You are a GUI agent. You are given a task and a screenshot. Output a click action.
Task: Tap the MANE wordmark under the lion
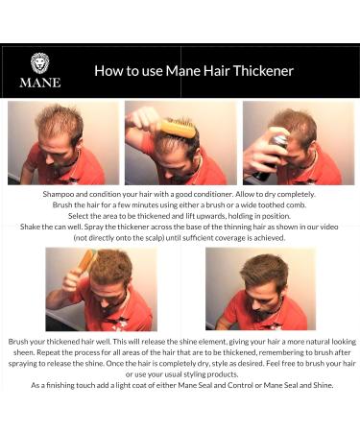point(39,83)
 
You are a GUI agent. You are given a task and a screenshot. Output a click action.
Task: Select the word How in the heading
point(108,71)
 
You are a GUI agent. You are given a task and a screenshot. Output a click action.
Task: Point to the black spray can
point(268,157)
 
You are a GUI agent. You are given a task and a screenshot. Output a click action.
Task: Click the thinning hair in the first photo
point(58,122)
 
